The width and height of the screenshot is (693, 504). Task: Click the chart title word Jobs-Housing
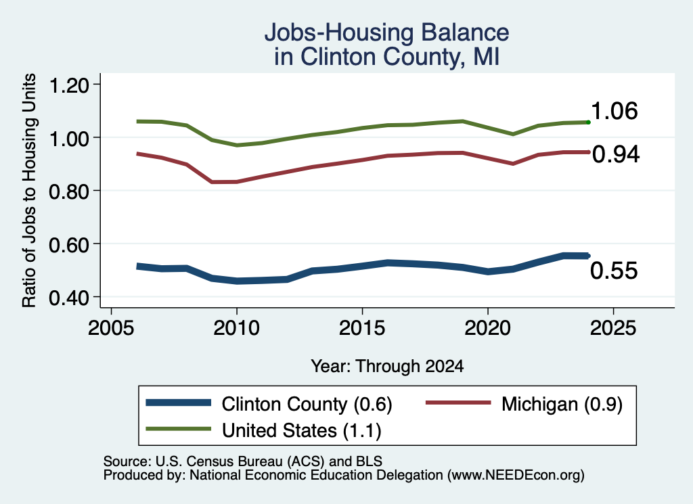point(340,32)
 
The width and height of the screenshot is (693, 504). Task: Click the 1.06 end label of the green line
point(614,110)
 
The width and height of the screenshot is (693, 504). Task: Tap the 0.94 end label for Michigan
point(616,154)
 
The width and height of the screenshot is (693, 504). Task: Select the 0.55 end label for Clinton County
point(614,271)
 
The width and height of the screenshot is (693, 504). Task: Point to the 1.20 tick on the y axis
point(69,85)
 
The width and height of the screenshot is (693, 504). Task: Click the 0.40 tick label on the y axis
point(69,298)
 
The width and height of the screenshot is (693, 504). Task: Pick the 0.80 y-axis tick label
point(69,191)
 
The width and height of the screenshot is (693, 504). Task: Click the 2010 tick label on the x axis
point(236,327)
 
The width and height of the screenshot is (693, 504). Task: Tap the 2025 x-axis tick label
point(613,327)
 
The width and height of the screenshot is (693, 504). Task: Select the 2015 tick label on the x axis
point(362,327)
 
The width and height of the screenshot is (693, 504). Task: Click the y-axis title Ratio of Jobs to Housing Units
point(29,190)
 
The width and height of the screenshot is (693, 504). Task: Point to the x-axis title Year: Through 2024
point(387,366)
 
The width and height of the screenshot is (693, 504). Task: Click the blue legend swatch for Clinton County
point(179,403)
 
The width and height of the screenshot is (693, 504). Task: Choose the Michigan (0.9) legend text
point(562,404)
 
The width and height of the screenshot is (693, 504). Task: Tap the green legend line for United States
point(179,428)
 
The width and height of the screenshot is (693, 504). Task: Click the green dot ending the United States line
point(588,122)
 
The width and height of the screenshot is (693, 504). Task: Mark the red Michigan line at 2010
point(236,181)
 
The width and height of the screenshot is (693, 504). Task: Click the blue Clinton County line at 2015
point(362,267)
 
